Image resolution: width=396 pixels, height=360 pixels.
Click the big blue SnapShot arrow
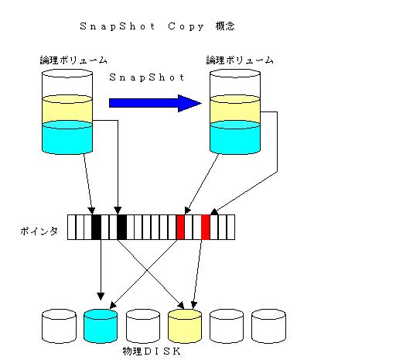[x=155, y=103]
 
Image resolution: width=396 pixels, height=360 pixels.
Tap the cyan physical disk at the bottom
[x=101, y=326]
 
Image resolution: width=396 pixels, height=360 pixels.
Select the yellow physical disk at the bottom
[x=185, y=326]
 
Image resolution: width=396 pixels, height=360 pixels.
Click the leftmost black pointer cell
[x=96, y=227]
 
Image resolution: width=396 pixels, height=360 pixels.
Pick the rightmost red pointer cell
[x=206, y=227]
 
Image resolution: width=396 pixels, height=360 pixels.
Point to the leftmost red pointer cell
[x=180, y=227]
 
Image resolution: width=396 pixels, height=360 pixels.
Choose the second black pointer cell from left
[x=121, y=227]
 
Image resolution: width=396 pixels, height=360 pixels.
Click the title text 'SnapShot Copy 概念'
[x=157, y=26]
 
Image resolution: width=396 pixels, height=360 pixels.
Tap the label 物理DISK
[x=152, y=351]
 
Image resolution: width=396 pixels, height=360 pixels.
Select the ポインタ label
[x=39, y=231]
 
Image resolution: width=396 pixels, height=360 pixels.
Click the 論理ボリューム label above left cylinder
[x=73, y=60]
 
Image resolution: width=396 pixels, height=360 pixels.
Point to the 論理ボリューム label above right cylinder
[x=240, y=60]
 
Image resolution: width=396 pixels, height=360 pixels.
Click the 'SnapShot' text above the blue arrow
[x=147, y=77]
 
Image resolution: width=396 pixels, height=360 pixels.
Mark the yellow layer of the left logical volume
[x=67, y=110]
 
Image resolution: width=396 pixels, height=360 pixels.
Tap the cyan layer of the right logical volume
[x=235, y=138]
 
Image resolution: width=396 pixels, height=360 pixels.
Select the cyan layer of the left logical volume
[x=67, y=138]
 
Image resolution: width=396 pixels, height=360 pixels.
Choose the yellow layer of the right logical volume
[x=235, y=110]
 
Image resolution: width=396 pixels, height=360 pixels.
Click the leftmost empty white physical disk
[x=59, y=326]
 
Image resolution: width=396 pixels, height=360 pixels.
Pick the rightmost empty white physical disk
[x=268, y=326]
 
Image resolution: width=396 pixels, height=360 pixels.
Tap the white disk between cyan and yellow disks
[x=143, y=326]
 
